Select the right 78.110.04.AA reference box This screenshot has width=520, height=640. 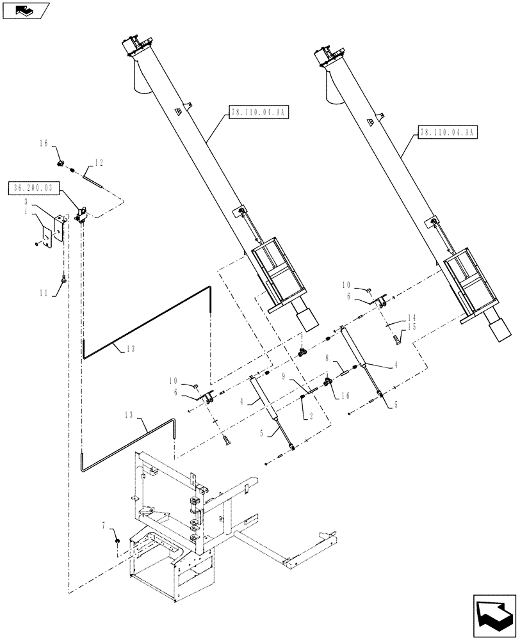pyautogui.click(x=446, y=132)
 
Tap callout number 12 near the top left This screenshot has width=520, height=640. pyautogui.click(x=99, y=162)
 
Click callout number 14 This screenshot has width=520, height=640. pyautogui.click(x=411, y=317)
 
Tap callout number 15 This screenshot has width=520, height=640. pyautogui.click(x=411, y=327)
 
